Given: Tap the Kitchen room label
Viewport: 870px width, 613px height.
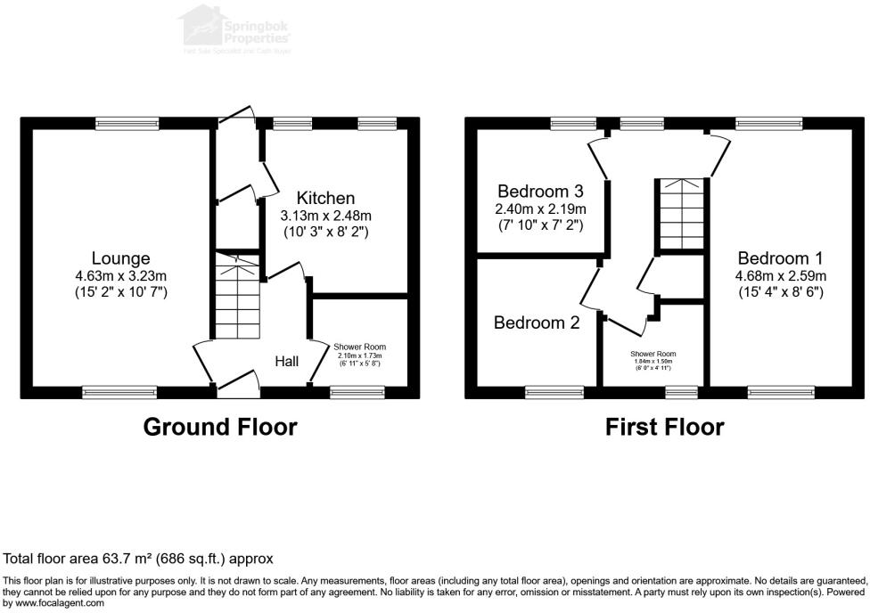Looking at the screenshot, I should (325, 198).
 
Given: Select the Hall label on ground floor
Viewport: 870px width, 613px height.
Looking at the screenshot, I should (286, 361).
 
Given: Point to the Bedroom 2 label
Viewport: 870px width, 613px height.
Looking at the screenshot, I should (537, 323).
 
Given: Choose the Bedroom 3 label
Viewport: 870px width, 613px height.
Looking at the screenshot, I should (540, 192).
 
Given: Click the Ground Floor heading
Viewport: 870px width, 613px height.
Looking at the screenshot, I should (220, 428).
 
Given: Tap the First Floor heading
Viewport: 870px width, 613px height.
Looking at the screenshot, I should (664, 428).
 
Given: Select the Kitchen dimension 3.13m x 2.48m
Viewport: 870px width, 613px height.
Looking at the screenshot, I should (325, 216).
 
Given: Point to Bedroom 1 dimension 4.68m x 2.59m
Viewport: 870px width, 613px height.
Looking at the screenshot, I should (781, 275).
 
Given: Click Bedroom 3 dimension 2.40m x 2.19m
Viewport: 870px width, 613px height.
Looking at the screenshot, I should (540, 209).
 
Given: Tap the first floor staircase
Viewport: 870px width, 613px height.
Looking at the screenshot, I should (683, 214).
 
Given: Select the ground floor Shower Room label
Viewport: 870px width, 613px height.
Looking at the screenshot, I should (360, 347).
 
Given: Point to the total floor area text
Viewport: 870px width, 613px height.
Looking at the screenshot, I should (138, 559).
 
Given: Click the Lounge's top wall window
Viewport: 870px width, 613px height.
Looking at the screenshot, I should (127, 124).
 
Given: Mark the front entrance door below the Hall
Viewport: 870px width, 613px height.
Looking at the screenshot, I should (237, 384).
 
